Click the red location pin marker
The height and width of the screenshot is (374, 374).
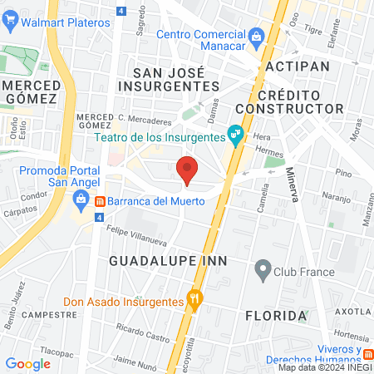pos(187,169)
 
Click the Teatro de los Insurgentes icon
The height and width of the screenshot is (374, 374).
pos(236,132)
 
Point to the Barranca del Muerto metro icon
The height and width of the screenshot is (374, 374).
pos(99,201)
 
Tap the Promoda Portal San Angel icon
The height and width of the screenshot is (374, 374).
pos(80,198)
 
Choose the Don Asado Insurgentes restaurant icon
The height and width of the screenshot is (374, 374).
pos(195,298)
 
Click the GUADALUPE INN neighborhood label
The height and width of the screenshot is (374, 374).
pos(158,261)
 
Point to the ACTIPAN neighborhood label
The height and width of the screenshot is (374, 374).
pos(298,66)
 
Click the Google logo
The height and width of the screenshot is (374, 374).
pos(27,363)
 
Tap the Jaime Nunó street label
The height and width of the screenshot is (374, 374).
pos(135,360)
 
